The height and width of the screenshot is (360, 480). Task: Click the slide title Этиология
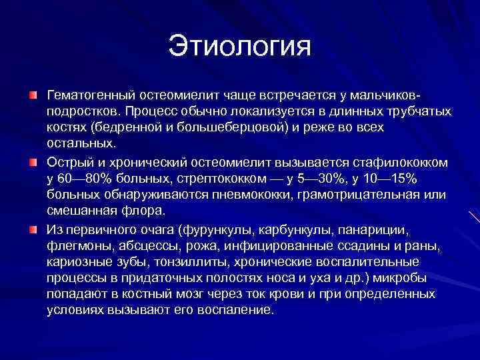tap(239, 47)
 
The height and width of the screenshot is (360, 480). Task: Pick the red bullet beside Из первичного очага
tap(32, 230)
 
